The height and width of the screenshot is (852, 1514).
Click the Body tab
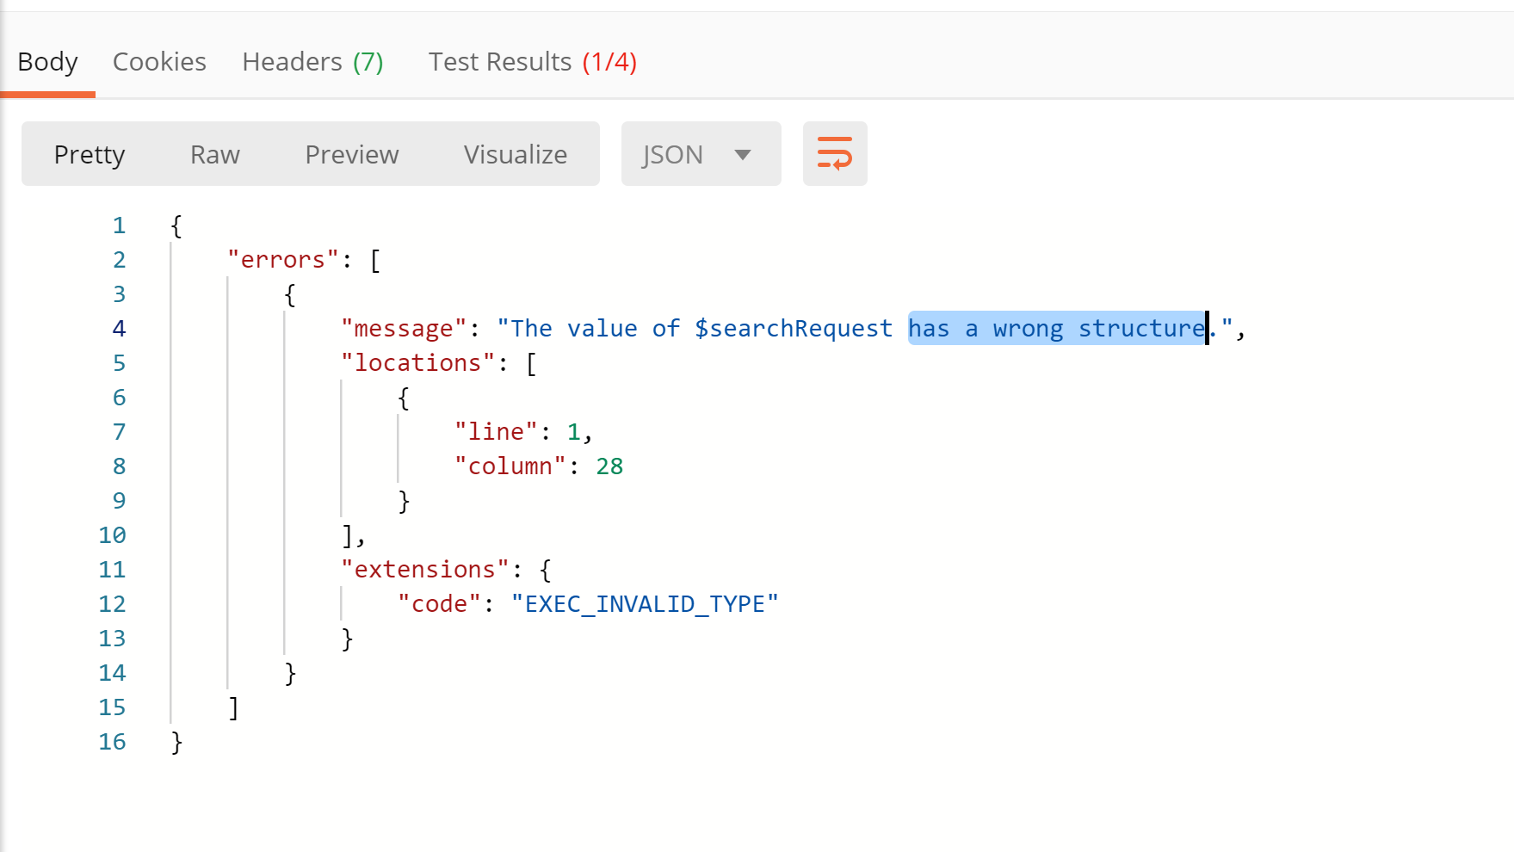coord(47,62)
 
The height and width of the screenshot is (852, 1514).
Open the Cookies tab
coord(159,62)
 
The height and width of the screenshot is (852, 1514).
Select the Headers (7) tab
coord(312,62)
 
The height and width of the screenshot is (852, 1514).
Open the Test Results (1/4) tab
coord(532,62)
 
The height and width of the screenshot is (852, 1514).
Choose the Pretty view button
coord(90,155)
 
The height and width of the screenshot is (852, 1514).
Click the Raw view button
coord(215,155)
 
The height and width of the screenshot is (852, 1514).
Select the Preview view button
coord(352,155)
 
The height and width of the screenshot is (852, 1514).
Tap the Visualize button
coord(515,155)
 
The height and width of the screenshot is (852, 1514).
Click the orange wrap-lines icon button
coord(835,154)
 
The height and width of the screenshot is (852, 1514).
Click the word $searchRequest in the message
coord(794,329)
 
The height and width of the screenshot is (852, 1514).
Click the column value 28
coord(609,466)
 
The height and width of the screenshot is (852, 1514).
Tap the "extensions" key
coord(425,570)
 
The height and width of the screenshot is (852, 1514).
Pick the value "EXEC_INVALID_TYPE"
coord(645,604)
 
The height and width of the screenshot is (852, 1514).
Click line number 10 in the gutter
coord(112,535)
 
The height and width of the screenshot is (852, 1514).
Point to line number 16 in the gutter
coord(112,742)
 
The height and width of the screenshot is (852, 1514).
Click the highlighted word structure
coord(1141,329)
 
